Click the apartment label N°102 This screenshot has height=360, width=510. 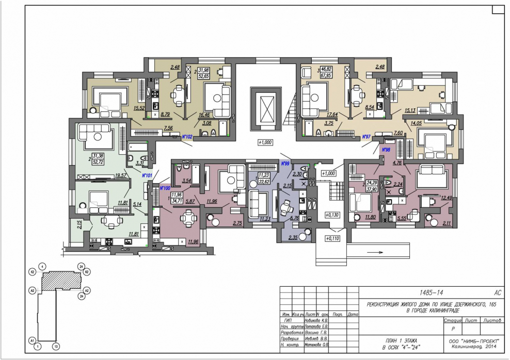point(187,137)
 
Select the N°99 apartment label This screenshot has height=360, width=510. point(285,163)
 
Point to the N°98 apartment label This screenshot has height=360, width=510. point(385,150)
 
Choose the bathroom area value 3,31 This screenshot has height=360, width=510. point(139,163)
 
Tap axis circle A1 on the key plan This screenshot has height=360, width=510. point(31,341)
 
